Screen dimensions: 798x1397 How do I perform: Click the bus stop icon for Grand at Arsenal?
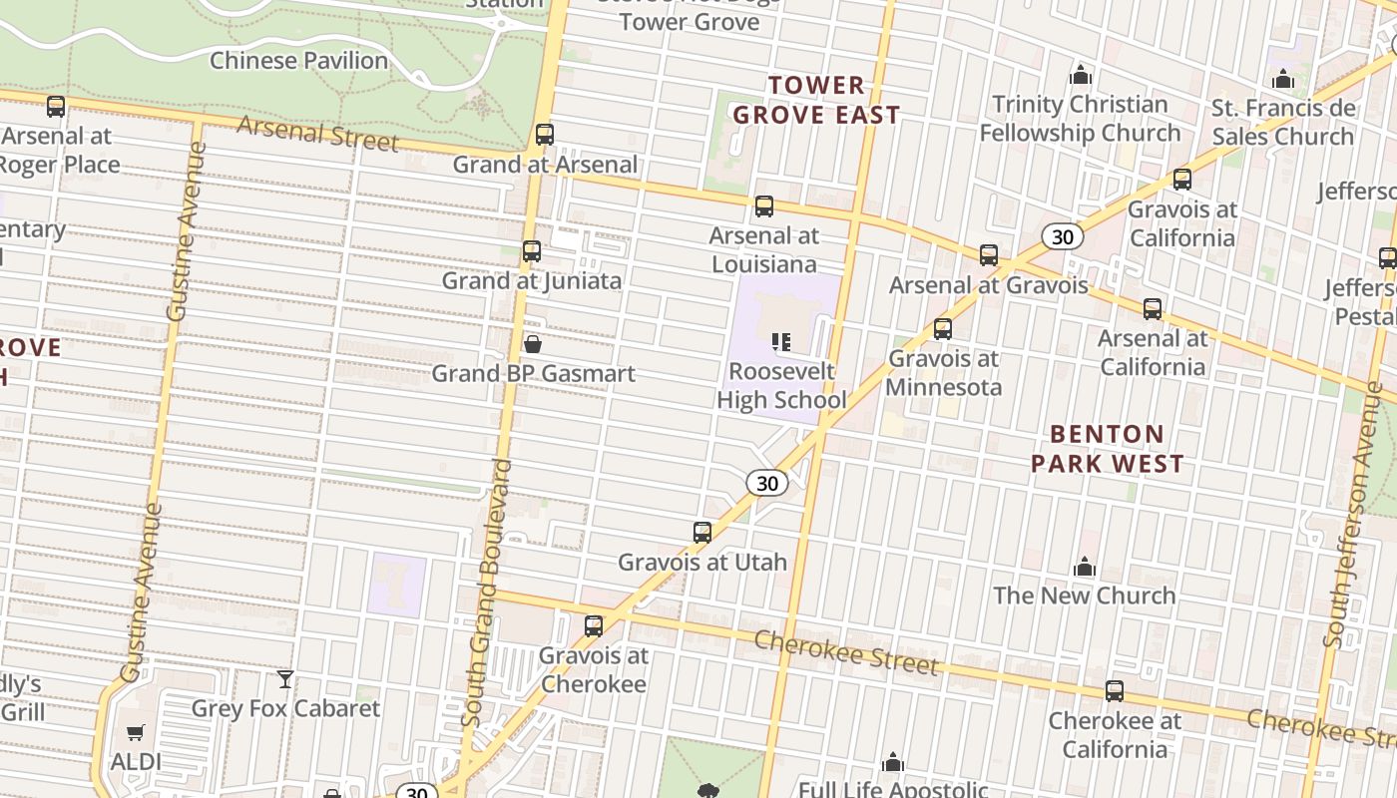pos(545,135)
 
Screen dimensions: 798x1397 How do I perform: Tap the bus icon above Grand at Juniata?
pos(532,251)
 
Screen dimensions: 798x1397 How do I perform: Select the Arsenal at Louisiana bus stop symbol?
pos(764,206)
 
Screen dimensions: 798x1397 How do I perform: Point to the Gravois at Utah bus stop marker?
pos(702,533)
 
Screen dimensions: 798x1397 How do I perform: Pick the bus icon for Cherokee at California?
pos(1114,691)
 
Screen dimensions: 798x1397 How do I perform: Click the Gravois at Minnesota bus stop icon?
pos(942,329)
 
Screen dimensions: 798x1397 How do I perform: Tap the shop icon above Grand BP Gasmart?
pos(533,344)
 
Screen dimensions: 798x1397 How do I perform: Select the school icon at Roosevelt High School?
pos(781,343)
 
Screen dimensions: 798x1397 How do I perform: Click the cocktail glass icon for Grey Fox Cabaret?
pos(285,679)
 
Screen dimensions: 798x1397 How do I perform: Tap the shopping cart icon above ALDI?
pos(136,733)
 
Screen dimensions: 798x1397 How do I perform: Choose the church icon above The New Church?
pos(1085,568)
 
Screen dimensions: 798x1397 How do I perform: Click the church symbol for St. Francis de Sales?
pos(1283,79)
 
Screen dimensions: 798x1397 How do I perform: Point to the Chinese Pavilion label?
pos(298,61)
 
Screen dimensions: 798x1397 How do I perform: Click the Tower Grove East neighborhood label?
pos(816,100)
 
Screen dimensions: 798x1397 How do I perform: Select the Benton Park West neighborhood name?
pos(1108,449)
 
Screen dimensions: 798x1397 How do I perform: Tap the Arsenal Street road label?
pos(318,134)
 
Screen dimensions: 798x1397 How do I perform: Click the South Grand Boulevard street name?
pos(488,594)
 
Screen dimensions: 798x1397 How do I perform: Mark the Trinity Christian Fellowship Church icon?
pos(1080,75)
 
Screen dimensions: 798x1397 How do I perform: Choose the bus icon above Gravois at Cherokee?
pos(594,626)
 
